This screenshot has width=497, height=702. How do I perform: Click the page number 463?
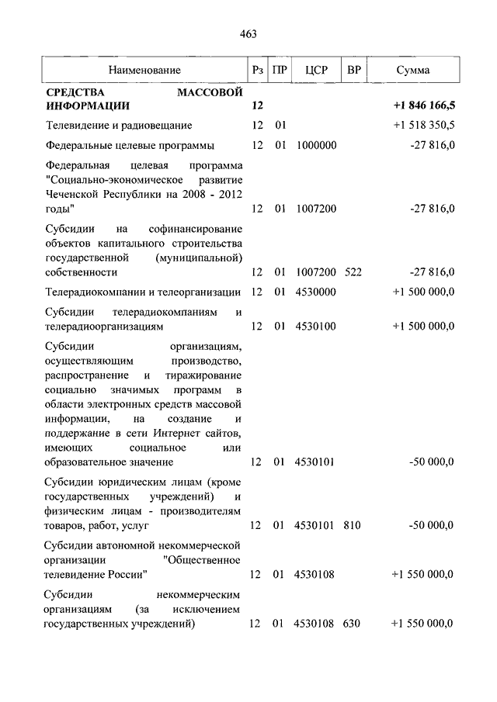(x=248, y=33)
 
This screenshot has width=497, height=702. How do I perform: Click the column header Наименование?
(x=145, y=71)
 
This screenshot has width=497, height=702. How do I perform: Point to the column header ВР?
(x=353, y=71)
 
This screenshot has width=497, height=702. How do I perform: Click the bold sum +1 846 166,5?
(x=424, y=105)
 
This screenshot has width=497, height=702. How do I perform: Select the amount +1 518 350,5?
(x=424, y=125)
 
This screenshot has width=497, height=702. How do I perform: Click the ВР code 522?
(x=353, y=271)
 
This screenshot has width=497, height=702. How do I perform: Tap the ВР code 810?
(x=353, y=526)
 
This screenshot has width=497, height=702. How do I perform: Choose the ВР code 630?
(x=353, y=624)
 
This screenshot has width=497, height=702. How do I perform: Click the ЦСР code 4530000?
(x=316, y=292)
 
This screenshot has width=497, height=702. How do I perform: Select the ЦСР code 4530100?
(x=316, y=327)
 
